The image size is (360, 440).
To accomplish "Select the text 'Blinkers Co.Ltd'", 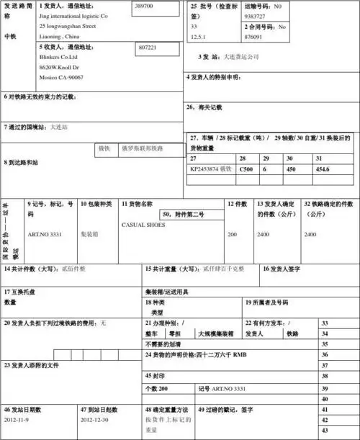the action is pos(60,56).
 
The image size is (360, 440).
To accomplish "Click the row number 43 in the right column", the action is pos(325,430).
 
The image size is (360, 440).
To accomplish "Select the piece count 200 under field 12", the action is pos(232,235).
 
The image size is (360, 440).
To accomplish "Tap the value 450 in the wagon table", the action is pos(291,169).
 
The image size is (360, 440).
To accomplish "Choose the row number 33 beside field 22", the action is pos(325,324).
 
